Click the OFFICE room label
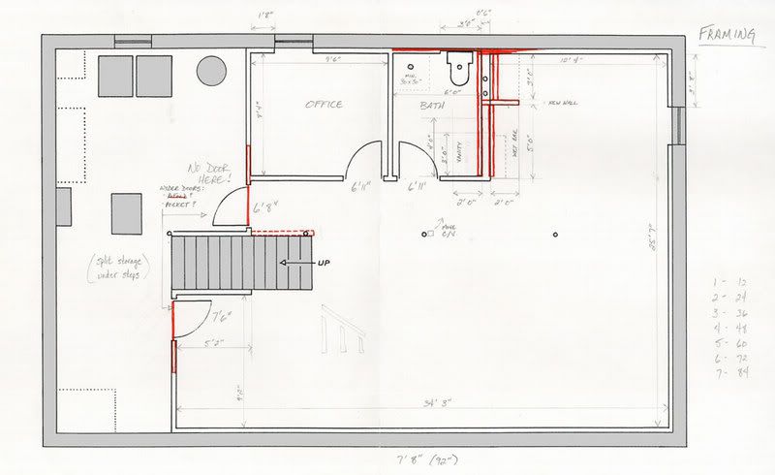coord(324,105)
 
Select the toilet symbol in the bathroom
coord(458,69)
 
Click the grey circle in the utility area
coord(211,71)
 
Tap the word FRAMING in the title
coord(727,36)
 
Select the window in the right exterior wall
coord(678,124)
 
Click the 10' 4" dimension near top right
coord(570,61)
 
